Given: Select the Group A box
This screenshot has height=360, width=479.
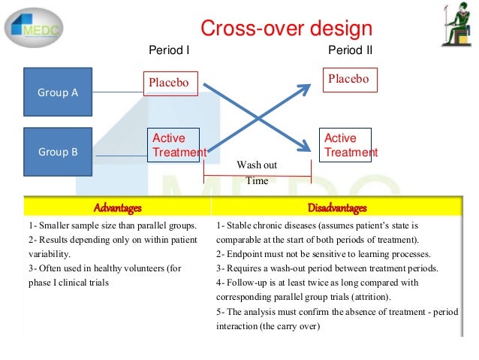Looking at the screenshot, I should (58, 92).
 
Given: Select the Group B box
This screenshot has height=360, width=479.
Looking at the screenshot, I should (58, 150).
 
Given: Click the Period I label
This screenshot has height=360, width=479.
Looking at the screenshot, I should (169, 50).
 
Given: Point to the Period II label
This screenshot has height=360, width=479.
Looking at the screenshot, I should (351, 50).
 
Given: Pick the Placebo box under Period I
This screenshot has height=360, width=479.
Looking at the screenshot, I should (166, 83).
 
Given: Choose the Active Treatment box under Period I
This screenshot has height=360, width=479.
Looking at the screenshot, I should (177, 145).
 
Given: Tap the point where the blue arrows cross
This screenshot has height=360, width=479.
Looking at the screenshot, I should (259, 116).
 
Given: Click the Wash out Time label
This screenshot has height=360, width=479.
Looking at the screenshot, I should (257, 173).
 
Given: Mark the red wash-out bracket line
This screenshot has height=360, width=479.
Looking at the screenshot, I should (258, 177).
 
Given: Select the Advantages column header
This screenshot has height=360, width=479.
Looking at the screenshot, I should (117, 207).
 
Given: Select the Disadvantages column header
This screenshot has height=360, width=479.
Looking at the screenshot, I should (337, 207).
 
